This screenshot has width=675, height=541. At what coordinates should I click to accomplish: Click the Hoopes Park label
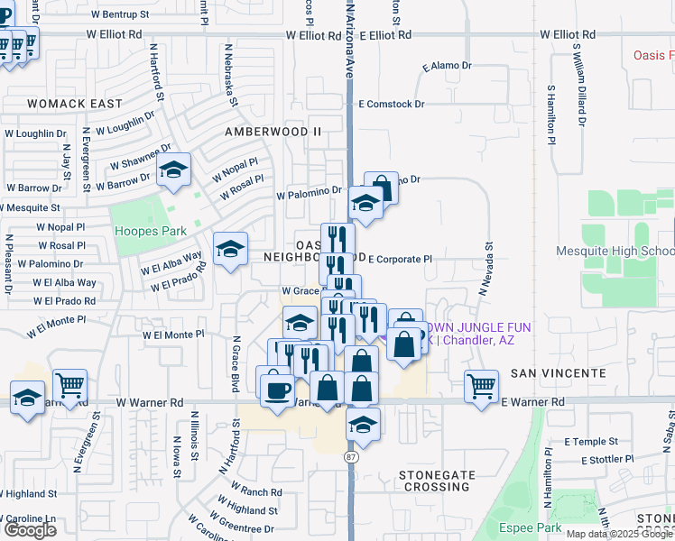pos(150,231)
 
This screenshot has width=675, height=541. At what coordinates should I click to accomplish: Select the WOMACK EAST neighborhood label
pos(75,104)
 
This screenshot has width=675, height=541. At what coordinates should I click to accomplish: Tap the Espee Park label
pos(531,528)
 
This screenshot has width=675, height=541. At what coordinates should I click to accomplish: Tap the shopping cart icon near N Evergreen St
pos(69,386)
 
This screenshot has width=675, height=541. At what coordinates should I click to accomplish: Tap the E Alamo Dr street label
pos(447,67)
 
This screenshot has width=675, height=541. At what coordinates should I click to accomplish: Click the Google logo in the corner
pos(30,530)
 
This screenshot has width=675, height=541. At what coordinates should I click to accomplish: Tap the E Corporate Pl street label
pos(400,259)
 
